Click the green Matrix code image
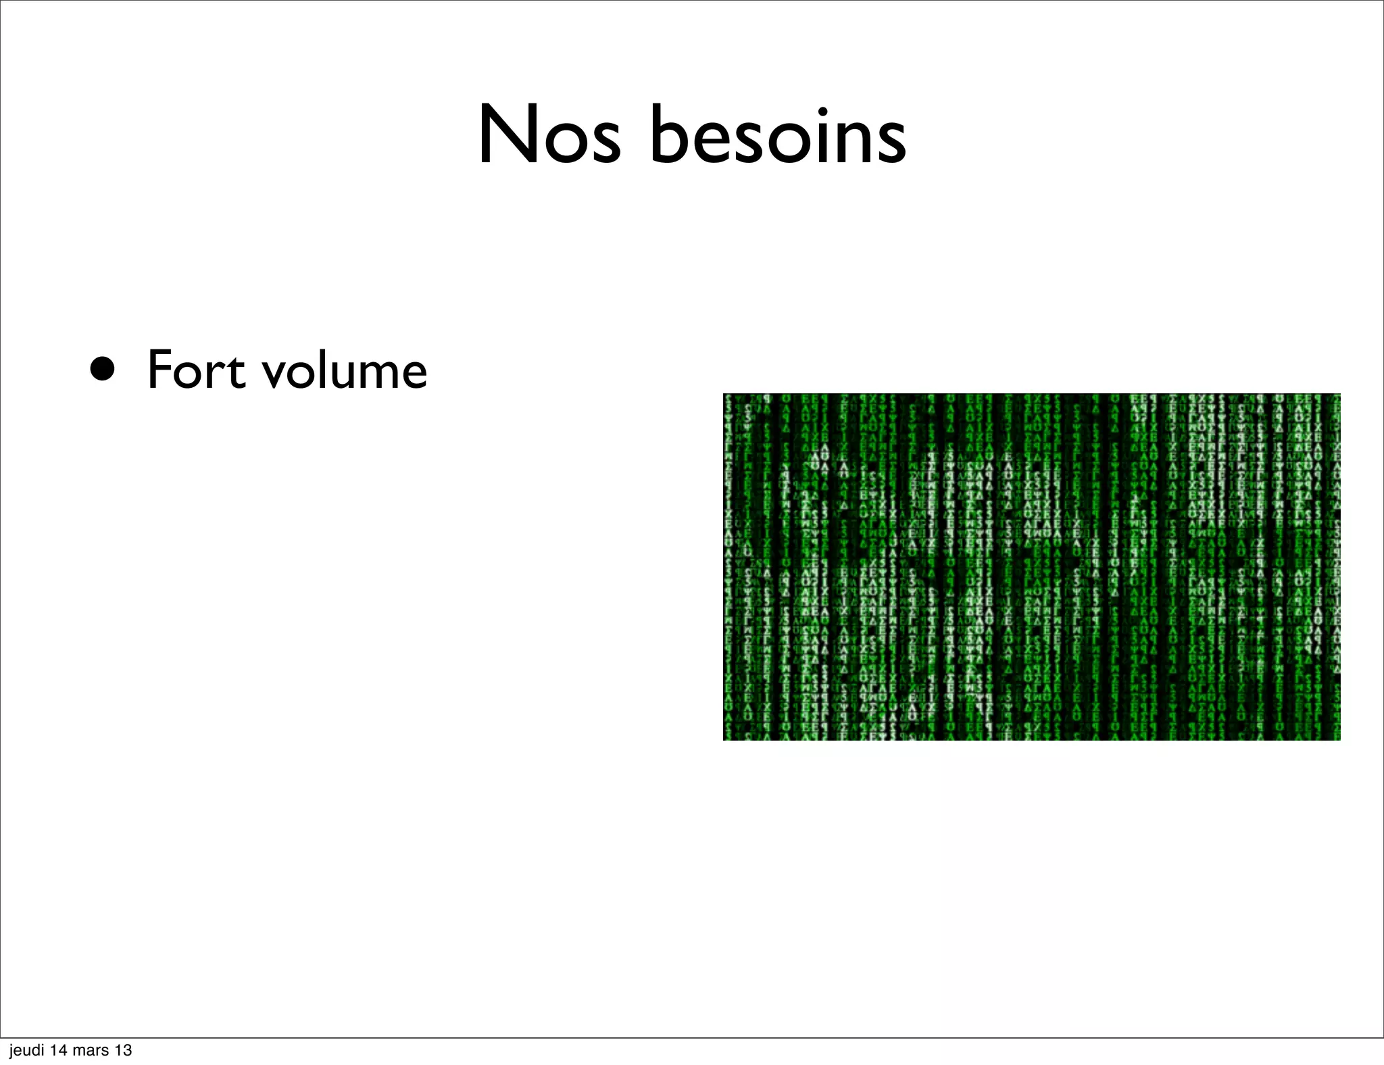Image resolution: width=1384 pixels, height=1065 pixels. [1031, 566]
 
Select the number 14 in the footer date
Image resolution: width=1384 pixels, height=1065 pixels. [59, 1050]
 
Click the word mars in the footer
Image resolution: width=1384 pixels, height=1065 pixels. [92, 1050]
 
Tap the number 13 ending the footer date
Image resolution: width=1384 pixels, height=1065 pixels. [124, 1050]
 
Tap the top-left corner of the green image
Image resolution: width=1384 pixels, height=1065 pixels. [724, 395]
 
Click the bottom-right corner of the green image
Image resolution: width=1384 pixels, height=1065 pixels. [1339, 739]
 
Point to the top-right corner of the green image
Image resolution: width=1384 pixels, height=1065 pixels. [1339, 395]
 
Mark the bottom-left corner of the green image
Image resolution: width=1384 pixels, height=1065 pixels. [724, 739]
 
